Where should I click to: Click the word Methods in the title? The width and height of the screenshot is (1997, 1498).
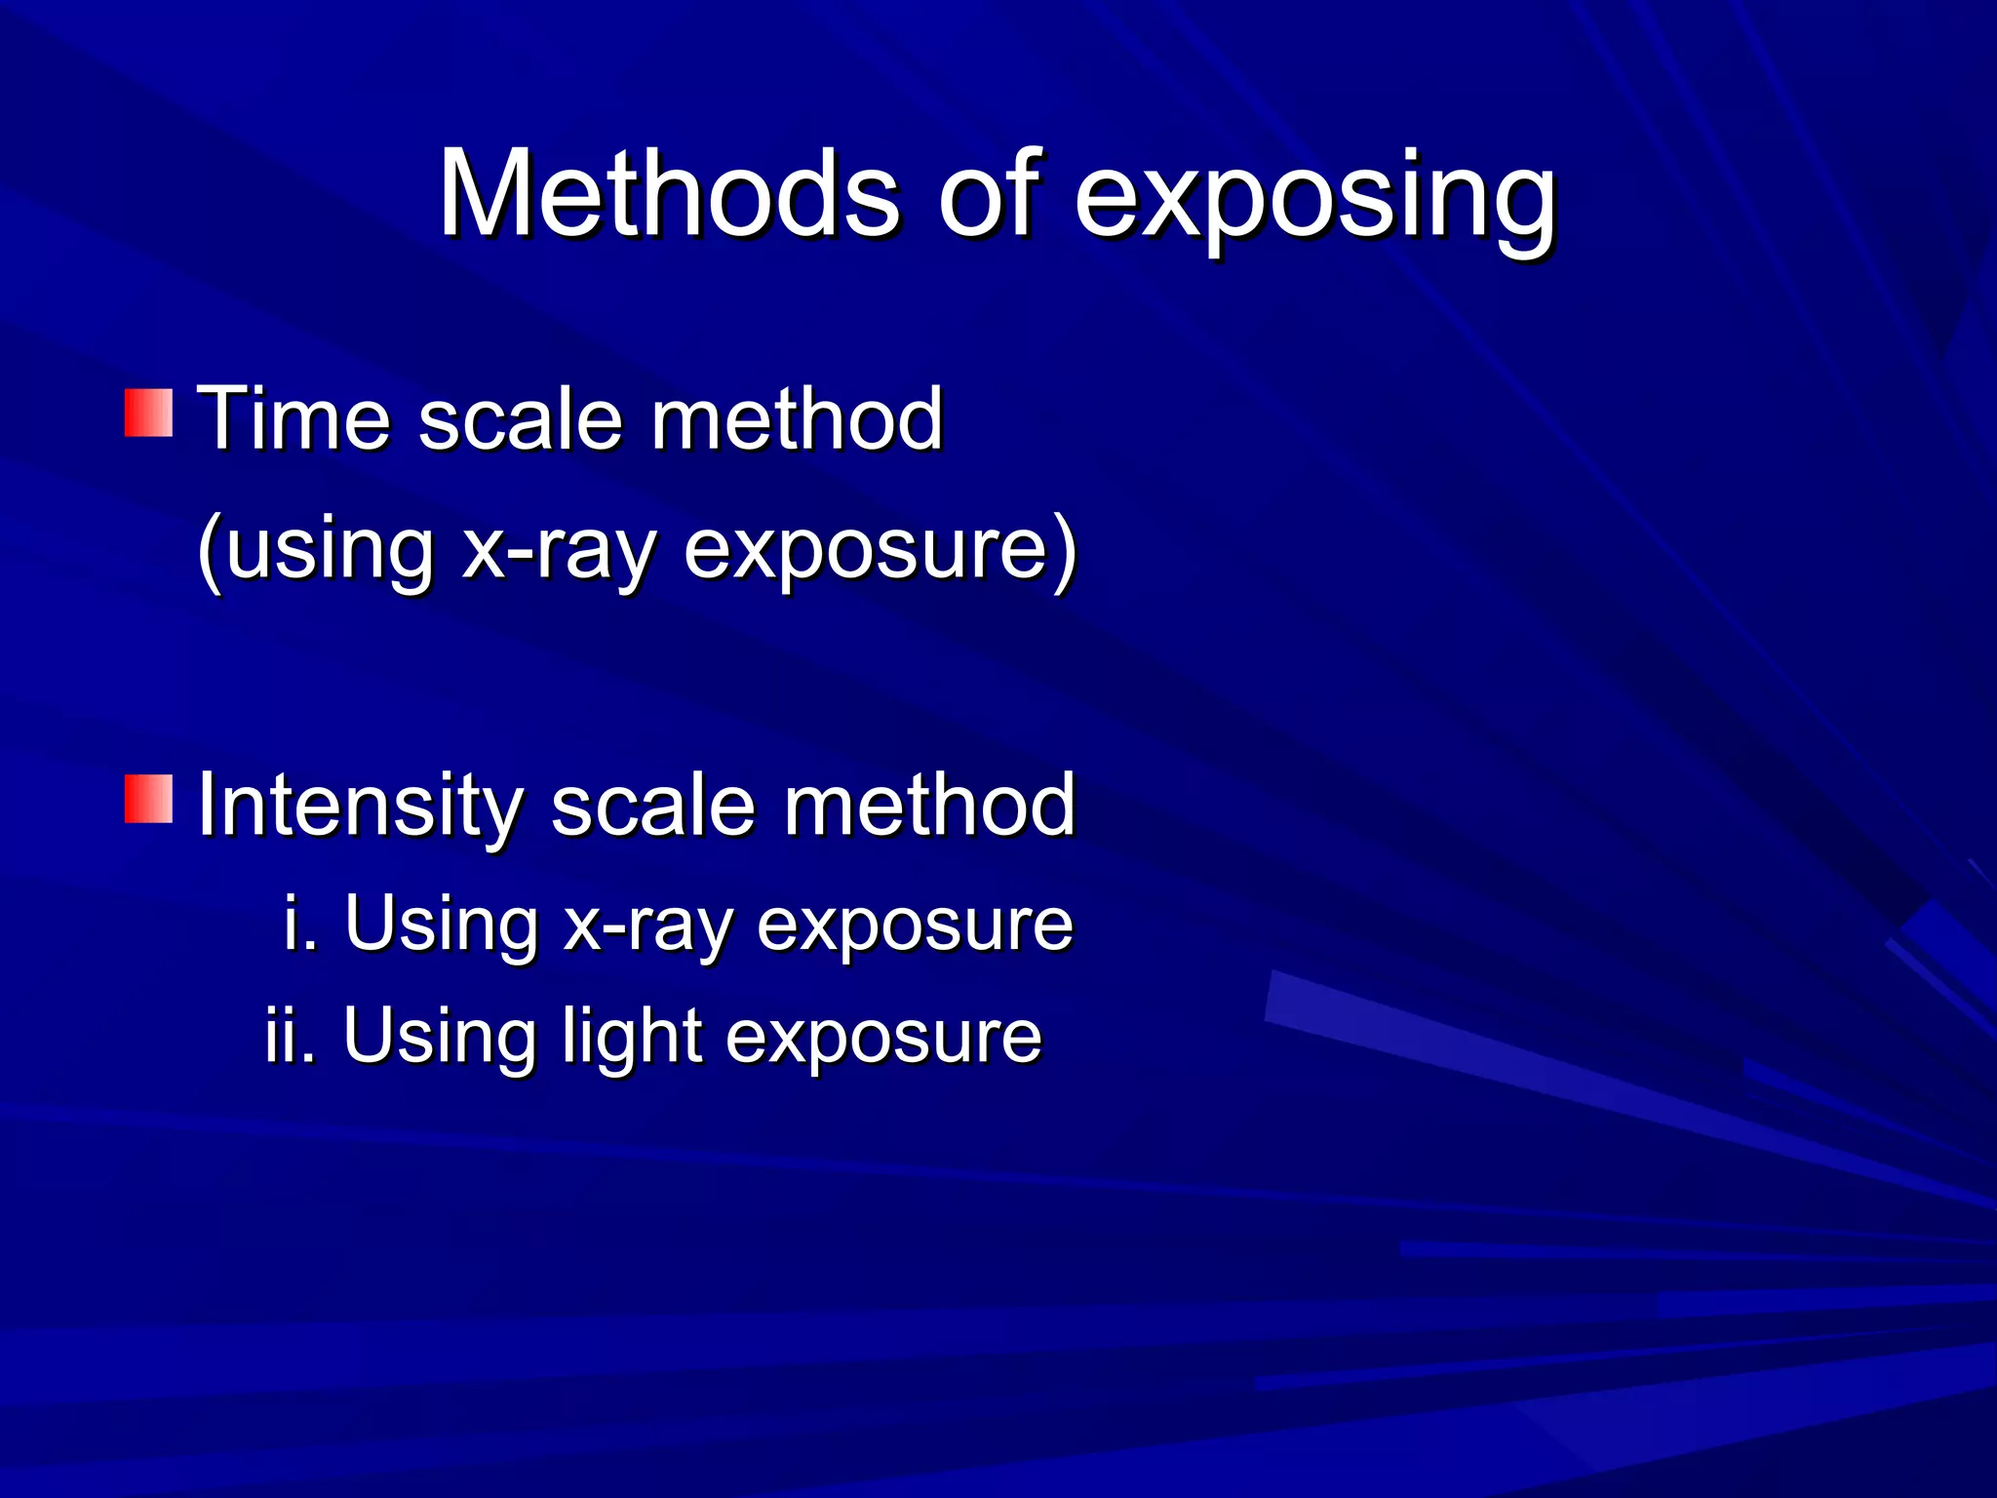pos(669,194)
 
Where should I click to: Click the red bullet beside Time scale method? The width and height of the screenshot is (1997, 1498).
pos(148,413)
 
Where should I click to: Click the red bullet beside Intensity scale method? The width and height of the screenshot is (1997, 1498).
pos(148,800)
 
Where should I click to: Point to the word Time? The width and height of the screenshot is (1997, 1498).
pos(294,418)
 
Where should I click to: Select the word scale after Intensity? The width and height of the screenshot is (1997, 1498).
pos(653,807)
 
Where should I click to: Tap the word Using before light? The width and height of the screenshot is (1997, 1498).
pos(440,1037)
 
